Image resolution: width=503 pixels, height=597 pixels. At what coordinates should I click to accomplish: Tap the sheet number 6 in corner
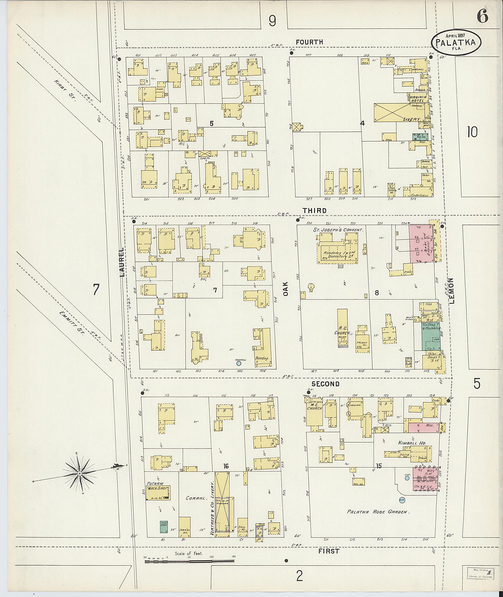click(x=482, y=16)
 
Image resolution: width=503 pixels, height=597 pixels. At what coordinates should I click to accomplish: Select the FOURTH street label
click(x=309, y=42)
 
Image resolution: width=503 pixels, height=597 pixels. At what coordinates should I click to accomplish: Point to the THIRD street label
click(x=315, y=211)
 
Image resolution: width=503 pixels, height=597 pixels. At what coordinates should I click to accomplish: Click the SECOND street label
click(x=325, y=384)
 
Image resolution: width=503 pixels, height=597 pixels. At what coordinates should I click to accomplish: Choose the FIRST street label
click(x=329, y=551)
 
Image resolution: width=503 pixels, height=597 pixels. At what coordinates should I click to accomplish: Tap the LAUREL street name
click(x=122, y=262)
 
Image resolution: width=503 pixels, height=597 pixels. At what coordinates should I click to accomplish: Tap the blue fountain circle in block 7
click(x=239, y=363)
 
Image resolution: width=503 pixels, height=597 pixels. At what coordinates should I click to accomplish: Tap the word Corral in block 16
click(x=196, y=498)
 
